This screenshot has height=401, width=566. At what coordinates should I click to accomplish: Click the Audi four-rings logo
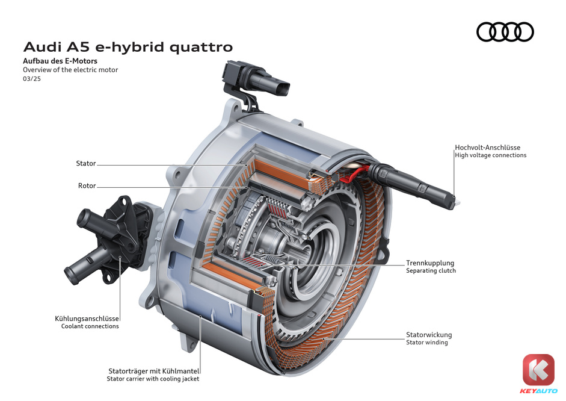(505, 32)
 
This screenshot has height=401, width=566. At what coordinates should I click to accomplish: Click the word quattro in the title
(201, 48)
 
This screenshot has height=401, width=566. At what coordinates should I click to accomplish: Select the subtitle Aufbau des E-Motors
(60, 61)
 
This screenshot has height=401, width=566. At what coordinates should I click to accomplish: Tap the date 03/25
(32, 79)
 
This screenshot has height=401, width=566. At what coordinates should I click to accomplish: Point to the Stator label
(86, 163)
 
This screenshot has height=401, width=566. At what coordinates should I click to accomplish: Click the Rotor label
(87, 185)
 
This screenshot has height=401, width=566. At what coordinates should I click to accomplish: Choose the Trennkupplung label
(430, 263)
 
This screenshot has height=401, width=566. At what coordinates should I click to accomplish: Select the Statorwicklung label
(429, 335)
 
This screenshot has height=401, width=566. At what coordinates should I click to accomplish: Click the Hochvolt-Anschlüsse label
(488, 148)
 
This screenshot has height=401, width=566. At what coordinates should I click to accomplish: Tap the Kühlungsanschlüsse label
(87, 319)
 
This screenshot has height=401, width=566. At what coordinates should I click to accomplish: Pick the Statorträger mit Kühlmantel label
(154, 371)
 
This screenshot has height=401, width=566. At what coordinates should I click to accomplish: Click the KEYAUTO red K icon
(538, 370)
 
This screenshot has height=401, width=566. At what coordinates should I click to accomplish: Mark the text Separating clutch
(431, 270)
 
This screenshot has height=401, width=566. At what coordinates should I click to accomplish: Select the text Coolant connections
(90, 326)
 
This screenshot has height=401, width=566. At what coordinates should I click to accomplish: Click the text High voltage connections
(491, 155)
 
